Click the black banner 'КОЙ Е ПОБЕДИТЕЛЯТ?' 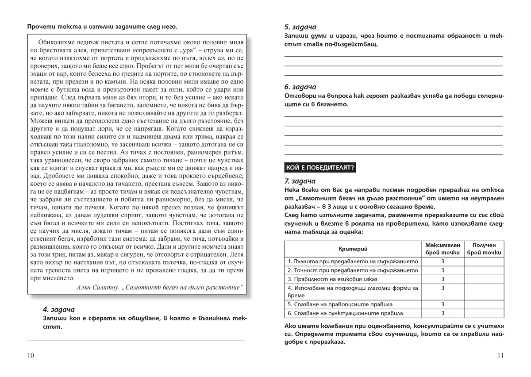321,167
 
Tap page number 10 31,355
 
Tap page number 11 500,355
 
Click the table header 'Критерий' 353,249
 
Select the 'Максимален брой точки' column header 442,249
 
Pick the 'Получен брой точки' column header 484,249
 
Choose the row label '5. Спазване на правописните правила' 340,304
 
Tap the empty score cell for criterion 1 484,262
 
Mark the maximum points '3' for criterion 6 442,313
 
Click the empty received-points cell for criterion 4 484,292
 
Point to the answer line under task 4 136,340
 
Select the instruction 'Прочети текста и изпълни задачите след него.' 102,27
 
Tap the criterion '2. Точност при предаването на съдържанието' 353,270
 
